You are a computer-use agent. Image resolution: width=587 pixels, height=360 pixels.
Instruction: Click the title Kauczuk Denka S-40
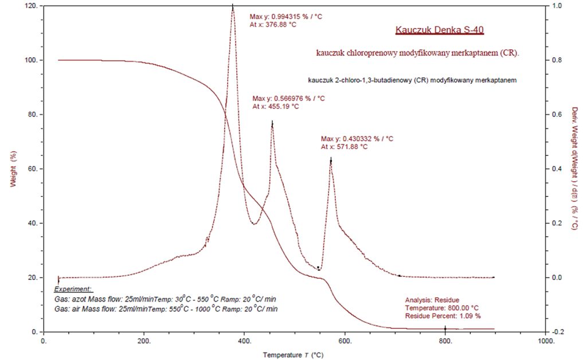443,30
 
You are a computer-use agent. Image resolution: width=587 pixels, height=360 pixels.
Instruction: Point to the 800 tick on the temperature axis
445,341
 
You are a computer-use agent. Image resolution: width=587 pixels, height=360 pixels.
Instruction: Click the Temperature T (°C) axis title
293,355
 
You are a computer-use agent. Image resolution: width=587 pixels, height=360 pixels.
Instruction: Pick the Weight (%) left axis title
13,169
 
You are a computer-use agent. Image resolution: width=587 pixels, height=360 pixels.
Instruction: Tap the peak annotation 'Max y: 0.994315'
286,17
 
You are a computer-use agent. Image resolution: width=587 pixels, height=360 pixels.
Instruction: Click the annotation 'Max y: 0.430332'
357,139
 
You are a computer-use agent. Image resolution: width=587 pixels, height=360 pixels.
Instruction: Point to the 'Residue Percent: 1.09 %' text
443,316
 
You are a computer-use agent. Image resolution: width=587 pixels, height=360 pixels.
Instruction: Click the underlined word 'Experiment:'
73,290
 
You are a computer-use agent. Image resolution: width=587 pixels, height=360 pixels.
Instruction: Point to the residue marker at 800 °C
445,329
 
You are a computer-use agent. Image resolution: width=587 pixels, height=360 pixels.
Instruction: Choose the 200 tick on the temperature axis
144,341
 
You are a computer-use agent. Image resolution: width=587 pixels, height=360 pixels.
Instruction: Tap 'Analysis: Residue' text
432,300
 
